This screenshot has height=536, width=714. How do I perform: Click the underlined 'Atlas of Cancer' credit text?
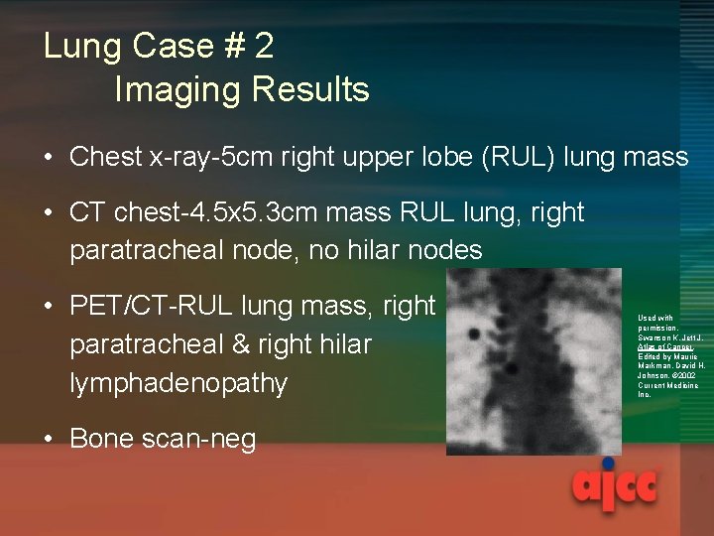(x=659, y=346)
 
